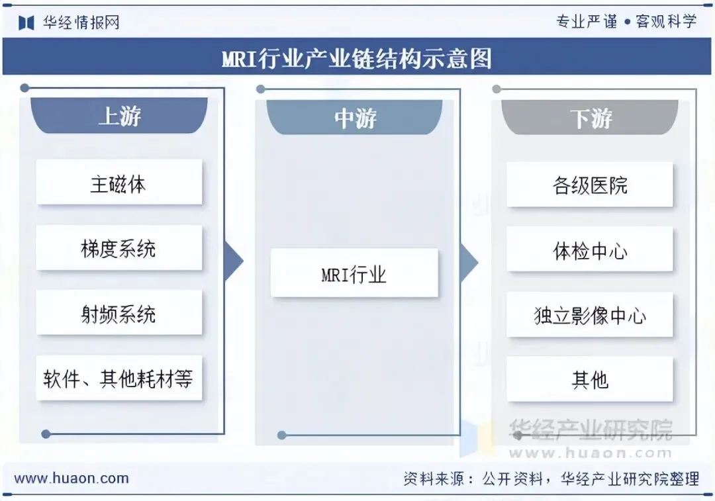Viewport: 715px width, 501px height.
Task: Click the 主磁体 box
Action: [x=119, y=183]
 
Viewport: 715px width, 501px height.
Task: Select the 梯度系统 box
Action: [x=119, y=248]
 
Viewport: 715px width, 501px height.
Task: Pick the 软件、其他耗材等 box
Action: [x=119, y=378]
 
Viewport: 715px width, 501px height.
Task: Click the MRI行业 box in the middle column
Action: [x=354, y=273]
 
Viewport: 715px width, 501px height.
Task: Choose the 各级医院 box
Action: [x=589, y=185]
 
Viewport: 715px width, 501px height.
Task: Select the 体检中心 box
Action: [x=589, y=250]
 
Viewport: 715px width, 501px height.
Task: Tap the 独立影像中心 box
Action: [x=589, y=315]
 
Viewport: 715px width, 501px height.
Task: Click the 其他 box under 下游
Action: [x=589, y=379]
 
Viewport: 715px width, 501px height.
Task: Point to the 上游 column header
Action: [x=119, y=116]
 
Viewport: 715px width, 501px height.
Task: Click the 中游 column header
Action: [x=355, y=118]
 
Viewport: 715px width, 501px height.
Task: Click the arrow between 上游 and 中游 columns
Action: [x=234, y=261]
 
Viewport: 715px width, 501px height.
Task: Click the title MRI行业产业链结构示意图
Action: [x=357, y=59]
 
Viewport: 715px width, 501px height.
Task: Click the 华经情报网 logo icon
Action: [x=26, y=23]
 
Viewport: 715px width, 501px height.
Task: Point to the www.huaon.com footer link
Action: [x=71, y=478]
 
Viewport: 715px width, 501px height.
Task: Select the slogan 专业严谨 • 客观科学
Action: [x=626, y=22]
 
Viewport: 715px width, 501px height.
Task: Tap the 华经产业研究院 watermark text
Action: [x=590, y=430]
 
